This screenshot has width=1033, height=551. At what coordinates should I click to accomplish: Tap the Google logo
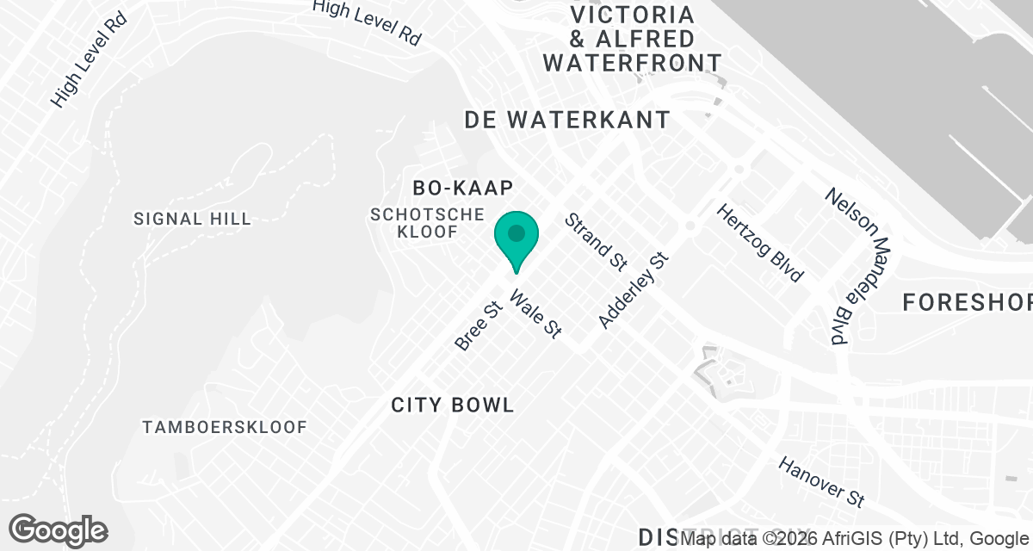(x=59, y=529)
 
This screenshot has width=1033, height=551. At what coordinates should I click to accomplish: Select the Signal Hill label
(x=193, y=219)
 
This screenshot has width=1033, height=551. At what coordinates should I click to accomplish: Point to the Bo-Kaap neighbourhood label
(x=463, y=188)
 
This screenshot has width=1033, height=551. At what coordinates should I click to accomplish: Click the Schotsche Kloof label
(x=426, y=222)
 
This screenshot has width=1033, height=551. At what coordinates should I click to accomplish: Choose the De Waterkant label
(x=567, y=120)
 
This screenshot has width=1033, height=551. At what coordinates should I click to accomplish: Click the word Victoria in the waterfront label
(x=633, y=15)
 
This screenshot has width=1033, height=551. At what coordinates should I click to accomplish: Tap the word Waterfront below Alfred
(x=633, y=62)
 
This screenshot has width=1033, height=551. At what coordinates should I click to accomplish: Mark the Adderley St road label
(x=634, y=290)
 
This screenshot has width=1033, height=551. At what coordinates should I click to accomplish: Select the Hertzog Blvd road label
(x=760, y=244)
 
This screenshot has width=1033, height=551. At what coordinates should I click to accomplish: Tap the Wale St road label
(x=535, y=313)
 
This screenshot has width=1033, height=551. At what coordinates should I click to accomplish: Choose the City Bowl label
(x=453, y=405)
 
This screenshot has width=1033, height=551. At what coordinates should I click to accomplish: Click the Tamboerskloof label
(x=225, y=427)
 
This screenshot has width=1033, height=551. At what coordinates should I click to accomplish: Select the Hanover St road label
(x=821, y=481)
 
